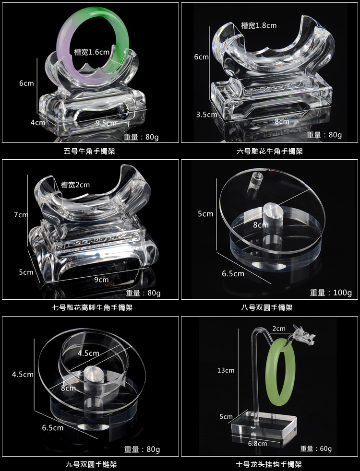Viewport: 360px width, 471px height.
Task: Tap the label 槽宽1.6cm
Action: coord(92,52)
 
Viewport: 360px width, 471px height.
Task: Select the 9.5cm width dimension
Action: coord(106,123)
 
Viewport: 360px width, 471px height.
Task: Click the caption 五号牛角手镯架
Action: coord(89,151)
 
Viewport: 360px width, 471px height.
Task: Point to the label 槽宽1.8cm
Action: coord(259,25)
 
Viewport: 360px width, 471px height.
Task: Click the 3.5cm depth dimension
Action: coord(206,115)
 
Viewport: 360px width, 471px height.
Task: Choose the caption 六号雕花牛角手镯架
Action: coord(270,151)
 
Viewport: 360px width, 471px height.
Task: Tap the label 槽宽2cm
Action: coord(75,185)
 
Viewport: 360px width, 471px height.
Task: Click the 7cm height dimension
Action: coord(21,215)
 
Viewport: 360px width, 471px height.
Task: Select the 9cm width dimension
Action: coord(101,280)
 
